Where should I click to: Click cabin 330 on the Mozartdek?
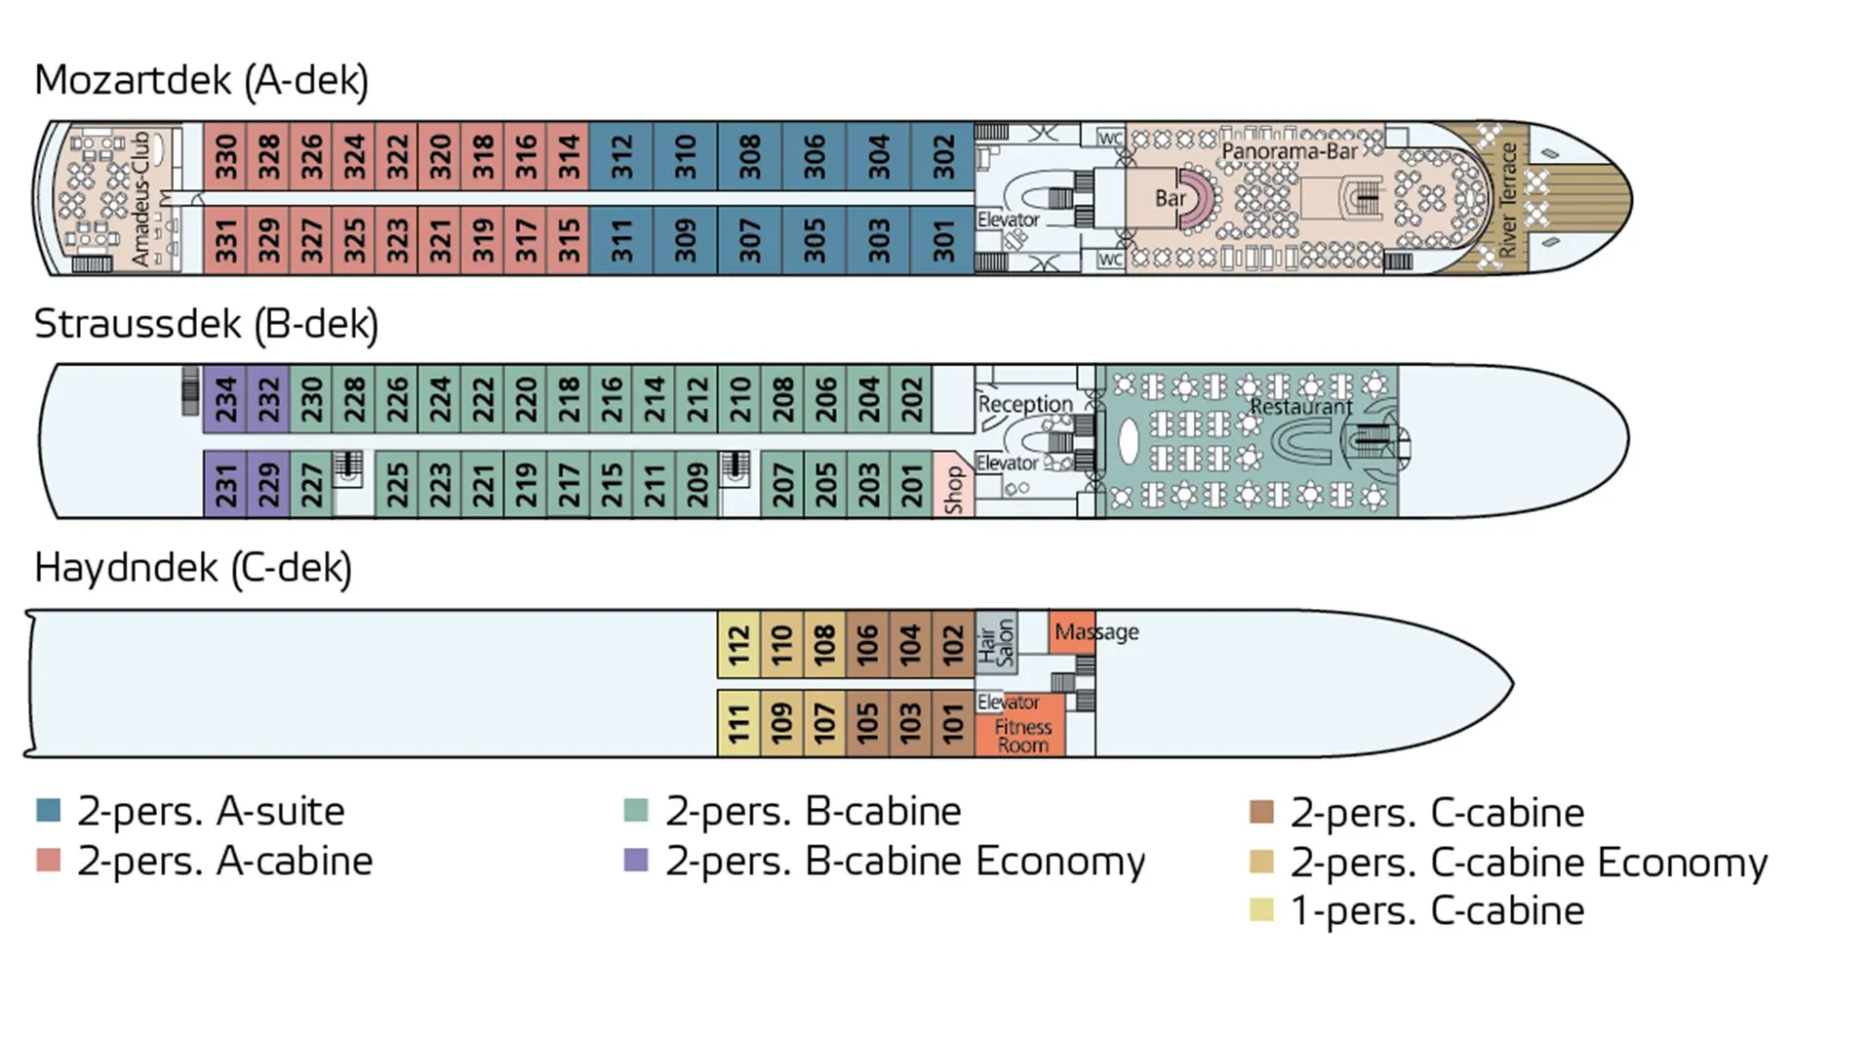pos(225,156)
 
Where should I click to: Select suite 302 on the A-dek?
pos(943,156)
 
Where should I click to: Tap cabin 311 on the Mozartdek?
pos(621,240)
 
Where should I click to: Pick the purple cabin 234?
pos(225,399)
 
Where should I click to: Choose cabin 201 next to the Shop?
pos(912,484)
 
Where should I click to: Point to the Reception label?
pos(1024,403)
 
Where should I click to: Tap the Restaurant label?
pos(1300,406)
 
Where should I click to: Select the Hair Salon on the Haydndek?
pos(996,644)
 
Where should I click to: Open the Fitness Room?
pos(1021,735)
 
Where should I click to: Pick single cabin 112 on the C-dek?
pos(738,645)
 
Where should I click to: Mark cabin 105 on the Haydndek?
pos(867,724)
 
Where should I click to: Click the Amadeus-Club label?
pos(142,198)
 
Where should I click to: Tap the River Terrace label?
pos(1508,199)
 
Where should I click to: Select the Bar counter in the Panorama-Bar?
pos(1170,198)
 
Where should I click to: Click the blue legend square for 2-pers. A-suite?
pos(49,810)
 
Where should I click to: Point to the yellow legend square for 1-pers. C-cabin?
pos(1261,909)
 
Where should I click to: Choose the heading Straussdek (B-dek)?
pos(206,324)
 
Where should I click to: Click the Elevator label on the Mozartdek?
pos(1008,220)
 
